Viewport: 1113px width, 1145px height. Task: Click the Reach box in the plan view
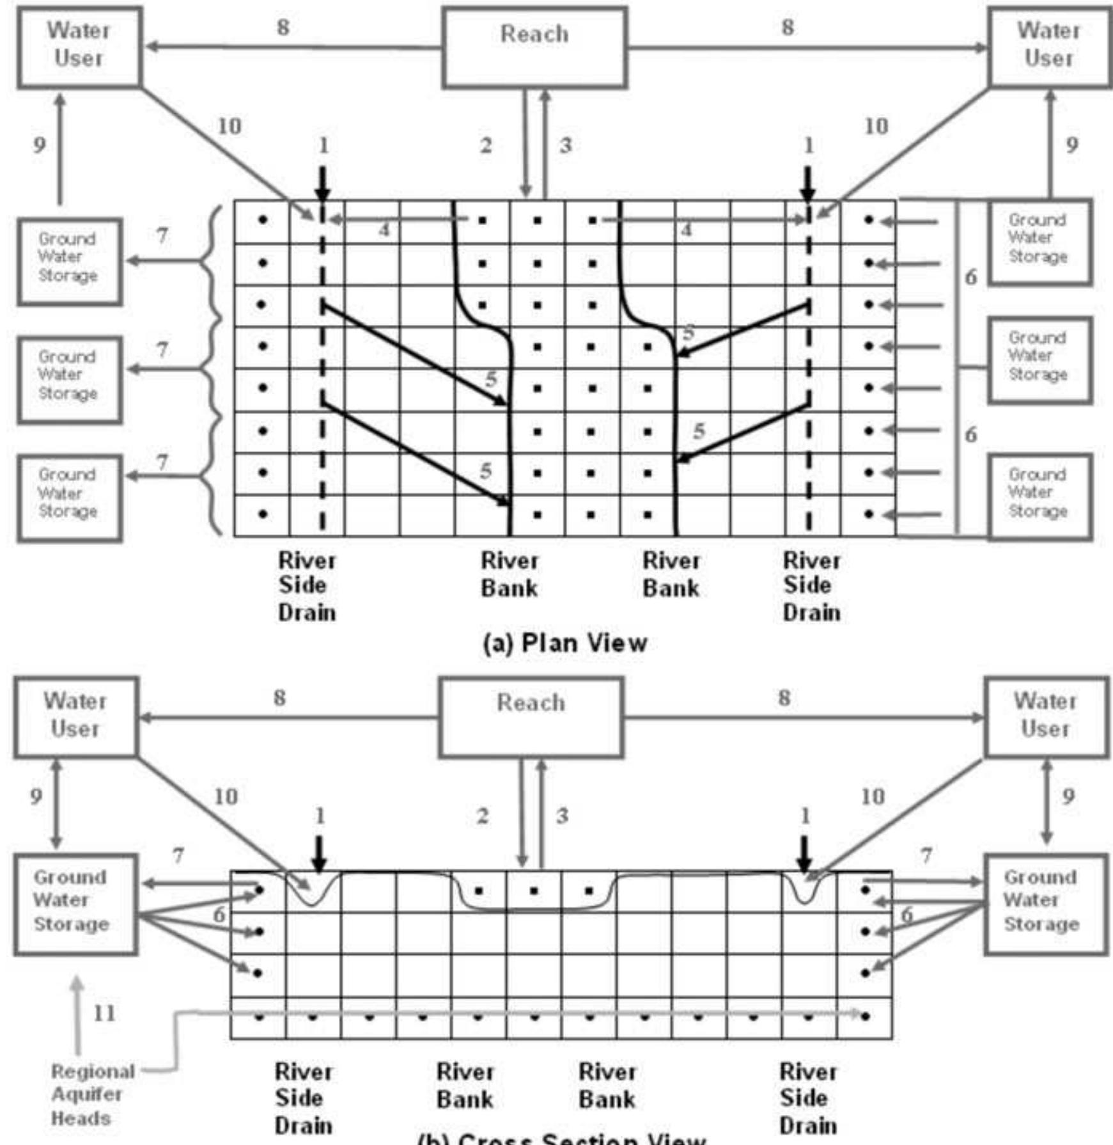[x=534, y=47]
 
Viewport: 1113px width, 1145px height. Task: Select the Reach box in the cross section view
[x=531, y=717]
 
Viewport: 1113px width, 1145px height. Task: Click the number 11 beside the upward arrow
[x=105, y=1013]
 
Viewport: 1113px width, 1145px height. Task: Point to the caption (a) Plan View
[x=565, y=643]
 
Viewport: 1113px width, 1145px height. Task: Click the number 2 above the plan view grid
[x=486, y=146]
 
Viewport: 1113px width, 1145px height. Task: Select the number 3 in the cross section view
[x=562, y=816]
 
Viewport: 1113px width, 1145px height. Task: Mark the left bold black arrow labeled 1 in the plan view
[x=323, y=184]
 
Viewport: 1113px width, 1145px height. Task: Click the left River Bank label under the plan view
[x=510, y=574]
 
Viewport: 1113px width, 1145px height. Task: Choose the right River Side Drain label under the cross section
[x=807, y=1098]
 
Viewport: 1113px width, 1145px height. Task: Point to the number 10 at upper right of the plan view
[x=876, y=127]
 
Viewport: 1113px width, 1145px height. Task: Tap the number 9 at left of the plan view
[x=40, y=145]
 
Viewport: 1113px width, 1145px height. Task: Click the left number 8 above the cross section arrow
[x=279, y=698]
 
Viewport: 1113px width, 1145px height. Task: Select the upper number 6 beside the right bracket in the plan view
[x=970, y=277]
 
